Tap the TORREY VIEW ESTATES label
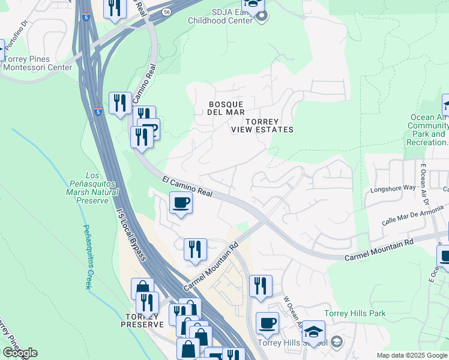click(x=262, y=125)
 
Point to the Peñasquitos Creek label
click(x=87, y=256)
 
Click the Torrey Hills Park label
click(x=355, y=313)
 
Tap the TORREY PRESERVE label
click(x=142, y=320)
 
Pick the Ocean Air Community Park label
click(x=427, y=130)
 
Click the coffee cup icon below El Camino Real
click(x=181, y=203)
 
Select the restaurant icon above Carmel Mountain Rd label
click(x=195, y=249)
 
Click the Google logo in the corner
click(x=19, y=353)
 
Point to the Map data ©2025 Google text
click(x=411, y=355)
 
